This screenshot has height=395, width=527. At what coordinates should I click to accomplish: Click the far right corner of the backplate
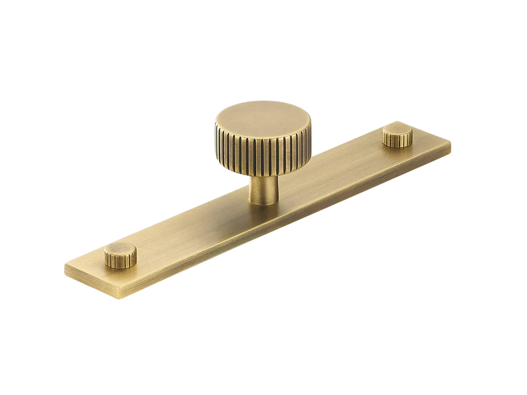click(452, 139)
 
